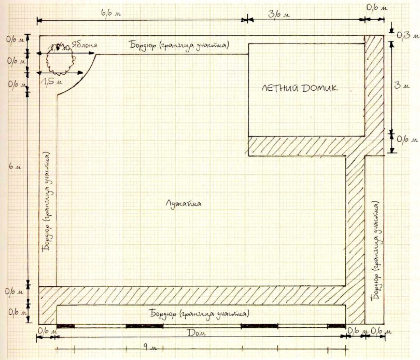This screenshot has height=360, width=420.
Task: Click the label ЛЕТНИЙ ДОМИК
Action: click(300, 88)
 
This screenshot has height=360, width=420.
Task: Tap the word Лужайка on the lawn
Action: click(184, 204)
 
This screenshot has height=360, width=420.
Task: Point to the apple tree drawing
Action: click(60, 60)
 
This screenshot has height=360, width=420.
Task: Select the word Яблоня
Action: click(84, 45)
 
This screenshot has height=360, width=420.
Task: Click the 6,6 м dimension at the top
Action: click(111, 12)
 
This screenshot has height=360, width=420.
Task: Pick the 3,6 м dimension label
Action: click(279, 13)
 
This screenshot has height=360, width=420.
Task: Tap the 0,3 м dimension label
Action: click(407, 35)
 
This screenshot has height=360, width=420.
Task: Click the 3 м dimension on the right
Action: click(402, 86)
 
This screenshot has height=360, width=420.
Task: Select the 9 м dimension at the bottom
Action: click(150, 348)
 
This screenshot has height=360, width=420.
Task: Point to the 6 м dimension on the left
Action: click(15, 166)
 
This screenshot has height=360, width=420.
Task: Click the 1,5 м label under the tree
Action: click(51, 81)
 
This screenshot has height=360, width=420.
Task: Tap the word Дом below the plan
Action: click(197, 333)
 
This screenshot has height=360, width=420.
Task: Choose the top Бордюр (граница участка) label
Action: click(179, 45)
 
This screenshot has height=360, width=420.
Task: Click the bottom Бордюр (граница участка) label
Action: click(200, 314)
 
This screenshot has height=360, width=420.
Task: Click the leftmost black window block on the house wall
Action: click(66, 326)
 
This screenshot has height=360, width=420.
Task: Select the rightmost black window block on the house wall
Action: click(337, 326)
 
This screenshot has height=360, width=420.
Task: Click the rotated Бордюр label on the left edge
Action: click(48, 201)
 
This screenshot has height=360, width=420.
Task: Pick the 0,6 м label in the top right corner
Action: click(376, 7)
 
